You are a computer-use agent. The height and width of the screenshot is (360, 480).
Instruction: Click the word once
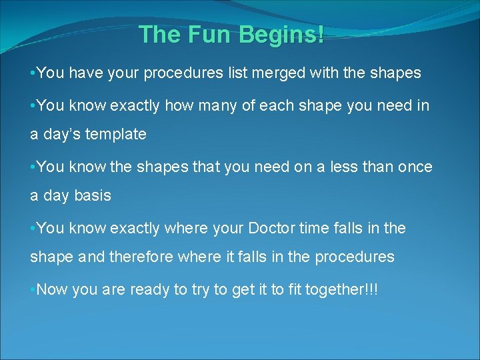414,167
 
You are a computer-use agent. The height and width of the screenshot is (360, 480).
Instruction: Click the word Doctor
272,228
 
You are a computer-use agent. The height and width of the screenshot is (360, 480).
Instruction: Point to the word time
315,228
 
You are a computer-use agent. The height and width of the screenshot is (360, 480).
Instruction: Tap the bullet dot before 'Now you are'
33,289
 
